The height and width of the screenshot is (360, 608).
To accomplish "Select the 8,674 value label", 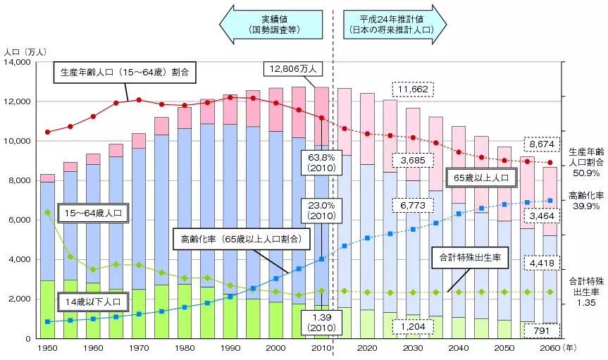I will (x=540, y=144).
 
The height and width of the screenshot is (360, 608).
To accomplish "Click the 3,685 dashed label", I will (x=414, y=161).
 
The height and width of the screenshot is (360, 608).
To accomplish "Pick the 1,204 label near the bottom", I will (x=413, y=328).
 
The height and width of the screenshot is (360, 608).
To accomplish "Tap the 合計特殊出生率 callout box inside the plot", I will (x=469, y=259).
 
